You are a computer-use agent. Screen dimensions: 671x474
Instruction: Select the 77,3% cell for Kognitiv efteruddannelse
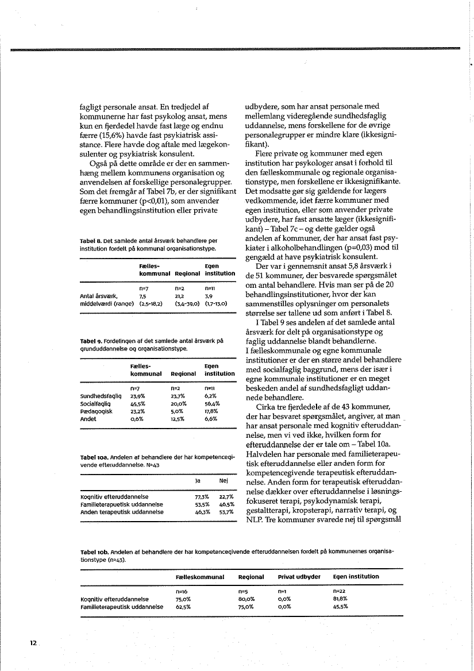pos(202,496)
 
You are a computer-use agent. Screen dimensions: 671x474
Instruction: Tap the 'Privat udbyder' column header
pos(298,576)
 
